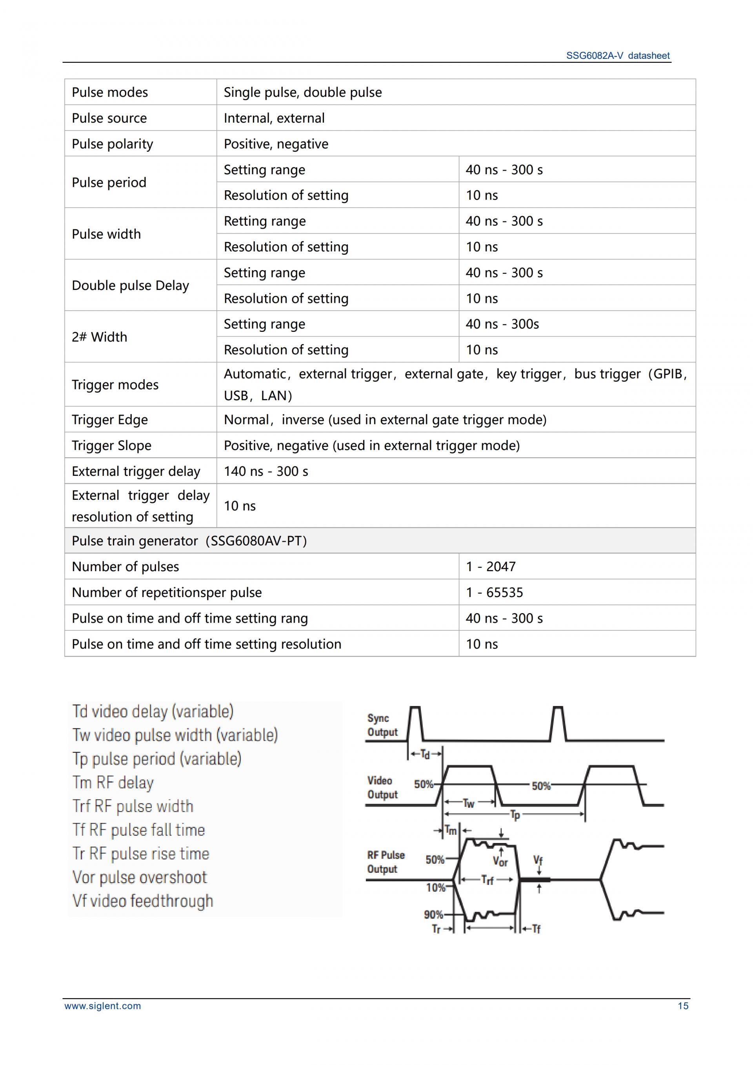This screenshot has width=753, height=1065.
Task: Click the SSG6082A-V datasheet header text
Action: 618,56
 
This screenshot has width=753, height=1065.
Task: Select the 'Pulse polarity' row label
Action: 112,144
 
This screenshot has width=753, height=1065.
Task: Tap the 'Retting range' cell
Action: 265,221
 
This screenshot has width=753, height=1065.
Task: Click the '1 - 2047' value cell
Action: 491,566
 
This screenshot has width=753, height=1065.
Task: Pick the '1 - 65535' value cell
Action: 494,592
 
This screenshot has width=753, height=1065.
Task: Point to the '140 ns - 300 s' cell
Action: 266,471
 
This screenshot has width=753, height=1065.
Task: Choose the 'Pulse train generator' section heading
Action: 189,541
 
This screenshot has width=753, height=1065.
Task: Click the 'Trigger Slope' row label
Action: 111,445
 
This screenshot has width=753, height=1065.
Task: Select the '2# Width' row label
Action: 99,337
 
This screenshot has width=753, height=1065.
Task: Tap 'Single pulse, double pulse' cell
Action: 303,92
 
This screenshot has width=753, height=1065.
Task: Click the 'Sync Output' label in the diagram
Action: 382,725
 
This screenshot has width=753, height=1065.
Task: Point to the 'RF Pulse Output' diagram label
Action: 386,862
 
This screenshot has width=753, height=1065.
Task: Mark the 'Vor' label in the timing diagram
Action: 500,861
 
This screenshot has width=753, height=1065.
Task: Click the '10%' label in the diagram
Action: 435,887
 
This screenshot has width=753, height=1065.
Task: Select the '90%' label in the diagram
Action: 433,914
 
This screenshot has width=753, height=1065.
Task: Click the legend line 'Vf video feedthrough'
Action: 143,901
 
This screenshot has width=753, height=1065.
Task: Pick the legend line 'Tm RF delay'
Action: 113,783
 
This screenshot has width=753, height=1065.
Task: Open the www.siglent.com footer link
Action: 102,1006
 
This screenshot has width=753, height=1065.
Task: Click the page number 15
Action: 683,1006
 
